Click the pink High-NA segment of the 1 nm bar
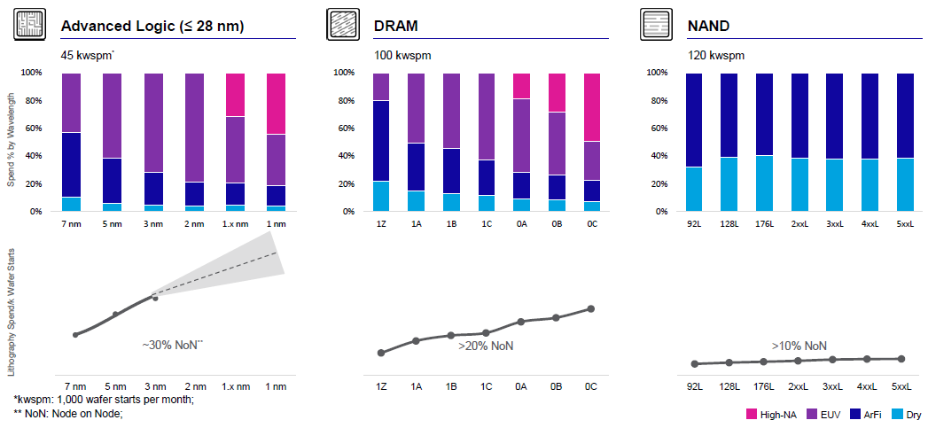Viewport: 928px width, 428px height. [277, 103]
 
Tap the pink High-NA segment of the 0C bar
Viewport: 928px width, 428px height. [591, 106]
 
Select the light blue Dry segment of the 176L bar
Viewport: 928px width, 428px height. [764, 183]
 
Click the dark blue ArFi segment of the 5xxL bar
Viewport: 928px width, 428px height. [903, 115]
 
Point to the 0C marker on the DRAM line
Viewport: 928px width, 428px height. [591, 308]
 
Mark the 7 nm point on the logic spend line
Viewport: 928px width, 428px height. [75, 335]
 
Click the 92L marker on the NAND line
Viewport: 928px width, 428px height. [694, 363]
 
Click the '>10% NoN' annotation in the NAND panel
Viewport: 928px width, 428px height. [799, 346]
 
